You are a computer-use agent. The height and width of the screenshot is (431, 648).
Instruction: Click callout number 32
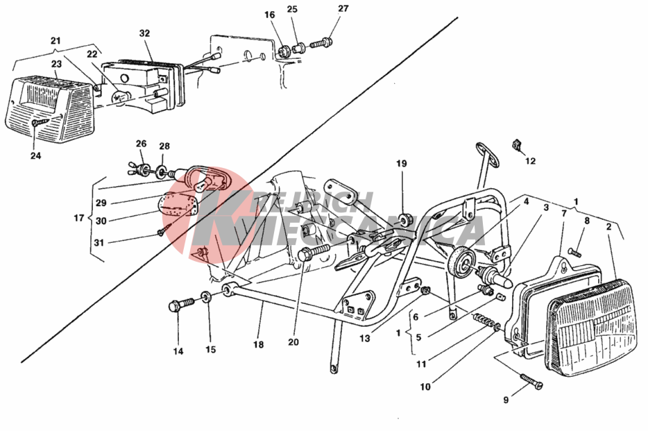tap(144, 33)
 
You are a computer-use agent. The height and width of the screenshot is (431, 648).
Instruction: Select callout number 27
tap(343, 9)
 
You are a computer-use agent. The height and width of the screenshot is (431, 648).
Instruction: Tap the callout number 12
tap(531, 162)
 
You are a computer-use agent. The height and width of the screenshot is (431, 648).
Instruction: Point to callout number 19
tap(402, 164)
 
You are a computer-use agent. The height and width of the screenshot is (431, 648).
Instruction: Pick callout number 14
tap(178, 351)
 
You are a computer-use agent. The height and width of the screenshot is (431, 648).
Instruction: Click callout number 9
tap(506, 400)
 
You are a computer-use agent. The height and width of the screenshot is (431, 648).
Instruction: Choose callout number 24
tap(36, 155)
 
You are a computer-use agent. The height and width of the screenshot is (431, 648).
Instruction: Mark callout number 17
tap(79, 219)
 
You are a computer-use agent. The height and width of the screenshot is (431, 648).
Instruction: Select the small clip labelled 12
tap(517, 145)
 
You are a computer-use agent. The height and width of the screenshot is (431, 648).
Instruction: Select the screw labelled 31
tap(164, 229)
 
